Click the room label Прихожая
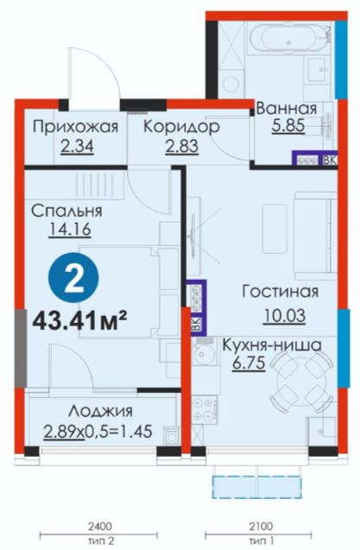[x=75, y=127]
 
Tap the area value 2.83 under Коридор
[x=182, y=146]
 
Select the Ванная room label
[x=287, y=108]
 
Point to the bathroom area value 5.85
[x=288, y=125]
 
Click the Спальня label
[x=66, y=212]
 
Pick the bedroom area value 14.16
[x=70, y=230]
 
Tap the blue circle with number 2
[x=74, y=278]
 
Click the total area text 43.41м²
[x=79, y=321]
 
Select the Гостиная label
[x=280, y=291]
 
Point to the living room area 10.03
[x=284, y=315]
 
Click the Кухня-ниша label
[x=272, y=345]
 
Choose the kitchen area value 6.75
[x=249, y=363]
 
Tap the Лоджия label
[x=101, y=411]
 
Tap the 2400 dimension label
[x=99, y=527]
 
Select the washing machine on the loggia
[x=172, y=437]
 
